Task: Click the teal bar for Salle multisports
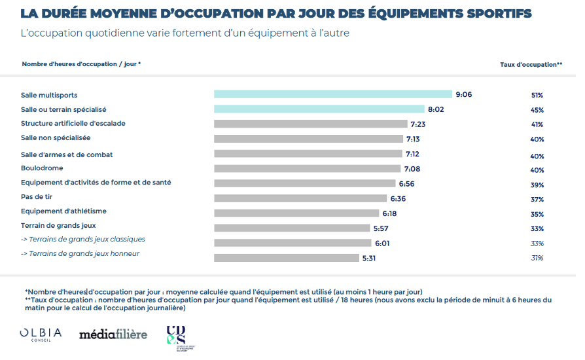[x=332, y=94]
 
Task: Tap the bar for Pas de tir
[x=300, y=198]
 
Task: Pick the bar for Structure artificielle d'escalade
[x=311, y=124]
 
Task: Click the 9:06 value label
[x=463, y=94]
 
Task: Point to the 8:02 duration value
[x=436, y=109]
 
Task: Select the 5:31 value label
[x=370, y=258]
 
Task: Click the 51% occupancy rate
[x=537, y=95]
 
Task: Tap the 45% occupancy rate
[x=537, y=110]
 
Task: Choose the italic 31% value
[x=537, y=258]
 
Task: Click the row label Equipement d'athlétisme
[x=63, y=211]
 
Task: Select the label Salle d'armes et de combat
[x=67, y=154]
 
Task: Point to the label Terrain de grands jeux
[x=58, y=226]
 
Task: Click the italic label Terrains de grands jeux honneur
[x=80, y=254]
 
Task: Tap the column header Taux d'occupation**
[x=531, y=64]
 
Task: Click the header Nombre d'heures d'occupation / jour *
[x=81, y=64]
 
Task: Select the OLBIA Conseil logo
[x=41, y=334]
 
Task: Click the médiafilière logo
[x=113, y=334]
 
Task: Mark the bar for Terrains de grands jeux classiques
[x=292, y=243]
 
